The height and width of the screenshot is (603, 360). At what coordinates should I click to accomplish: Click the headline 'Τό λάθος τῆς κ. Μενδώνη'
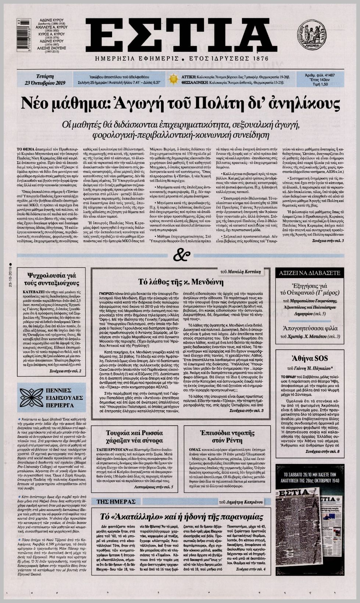181,282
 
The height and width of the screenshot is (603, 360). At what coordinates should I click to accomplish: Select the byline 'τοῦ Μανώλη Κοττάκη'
240,272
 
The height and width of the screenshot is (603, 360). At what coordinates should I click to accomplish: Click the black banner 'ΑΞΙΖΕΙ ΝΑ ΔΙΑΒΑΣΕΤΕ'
310,273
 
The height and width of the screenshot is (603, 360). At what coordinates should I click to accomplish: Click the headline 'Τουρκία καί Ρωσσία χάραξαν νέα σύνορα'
134,436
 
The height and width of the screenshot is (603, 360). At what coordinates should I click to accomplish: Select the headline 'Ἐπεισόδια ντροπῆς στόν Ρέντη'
227,436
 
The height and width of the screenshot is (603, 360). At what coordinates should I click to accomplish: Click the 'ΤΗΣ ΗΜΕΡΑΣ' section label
111,501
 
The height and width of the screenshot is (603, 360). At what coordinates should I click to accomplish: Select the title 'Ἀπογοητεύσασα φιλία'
310,328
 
